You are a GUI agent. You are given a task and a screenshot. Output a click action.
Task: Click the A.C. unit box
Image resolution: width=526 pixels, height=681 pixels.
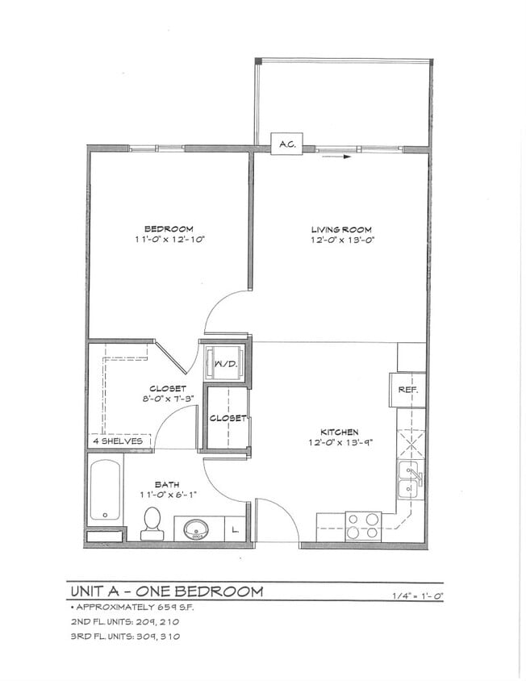(x=286, y=144)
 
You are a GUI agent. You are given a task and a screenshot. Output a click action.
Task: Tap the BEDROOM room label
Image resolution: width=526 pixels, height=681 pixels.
(x=169, y=229)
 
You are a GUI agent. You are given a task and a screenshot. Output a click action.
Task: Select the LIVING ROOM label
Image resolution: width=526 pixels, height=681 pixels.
(x=343, y=229)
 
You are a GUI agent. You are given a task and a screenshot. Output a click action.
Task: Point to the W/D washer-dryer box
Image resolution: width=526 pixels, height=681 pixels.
(x=224, y=363)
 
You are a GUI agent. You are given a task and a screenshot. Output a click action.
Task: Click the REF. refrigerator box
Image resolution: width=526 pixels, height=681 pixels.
(x=407, y=390)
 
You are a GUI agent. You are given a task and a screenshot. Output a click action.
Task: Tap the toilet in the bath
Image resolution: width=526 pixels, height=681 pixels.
(x=152, y=524)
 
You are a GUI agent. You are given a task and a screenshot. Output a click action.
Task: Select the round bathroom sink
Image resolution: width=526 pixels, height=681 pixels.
(x=196, y=529)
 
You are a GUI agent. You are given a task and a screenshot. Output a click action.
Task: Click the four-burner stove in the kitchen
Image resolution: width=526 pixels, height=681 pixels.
(x=363, y=526)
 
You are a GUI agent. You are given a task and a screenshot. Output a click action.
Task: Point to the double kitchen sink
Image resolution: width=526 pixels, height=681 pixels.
(x=410, y=481)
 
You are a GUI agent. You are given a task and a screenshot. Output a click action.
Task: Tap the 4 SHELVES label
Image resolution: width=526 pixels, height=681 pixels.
(x=117, y=441)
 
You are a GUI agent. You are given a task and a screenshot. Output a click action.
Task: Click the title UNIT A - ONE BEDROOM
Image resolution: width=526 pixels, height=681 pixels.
(x=166, y=591)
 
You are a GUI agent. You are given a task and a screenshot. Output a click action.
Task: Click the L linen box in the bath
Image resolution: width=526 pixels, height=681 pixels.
(x=235, y=529)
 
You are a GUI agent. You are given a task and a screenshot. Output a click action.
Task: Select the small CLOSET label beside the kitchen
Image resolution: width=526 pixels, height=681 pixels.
(x=228, y=418)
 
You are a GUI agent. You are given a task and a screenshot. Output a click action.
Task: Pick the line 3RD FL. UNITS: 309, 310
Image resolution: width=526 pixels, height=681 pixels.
(x=125, y=636)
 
